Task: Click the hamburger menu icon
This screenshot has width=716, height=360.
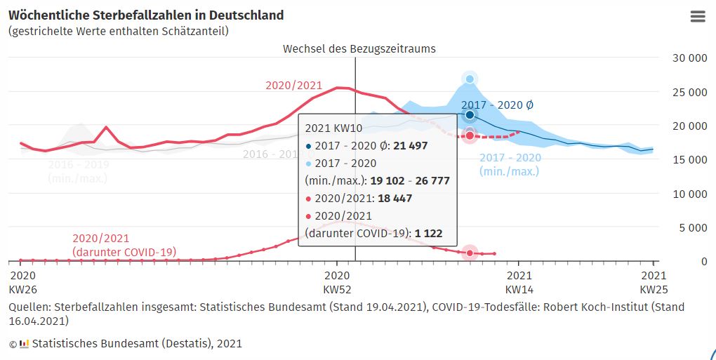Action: click(698, 17)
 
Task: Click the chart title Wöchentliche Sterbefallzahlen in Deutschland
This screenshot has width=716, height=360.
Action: click(146, 15)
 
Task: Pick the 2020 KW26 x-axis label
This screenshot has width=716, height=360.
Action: click(22, 282)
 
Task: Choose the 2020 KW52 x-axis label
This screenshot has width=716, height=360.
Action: click(337, 282)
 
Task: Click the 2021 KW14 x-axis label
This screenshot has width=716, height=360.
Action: click(519, 282)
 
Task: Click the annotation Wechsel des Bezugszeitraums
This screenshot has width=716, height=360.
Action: click(359, 48)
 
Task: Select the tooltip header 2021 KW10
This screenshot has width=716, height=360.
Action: click(333, 128)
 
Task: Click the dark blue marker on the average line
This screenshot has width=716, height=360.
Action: click(470, 114)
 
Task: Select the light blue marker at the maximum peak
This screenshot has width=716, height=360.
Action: click(470, 79)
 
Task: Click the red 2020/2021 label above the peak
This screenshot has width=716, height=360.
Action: click(293, 86)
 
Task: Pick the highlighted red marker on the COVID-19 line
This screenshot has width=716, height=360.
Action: click(470, 253)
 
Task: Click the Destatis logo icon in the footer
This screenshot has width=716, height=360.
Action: click(24, 344)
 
